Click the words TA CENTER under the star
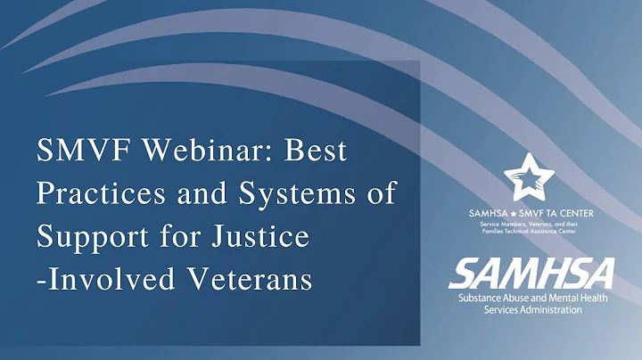(x=567, y=213)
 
